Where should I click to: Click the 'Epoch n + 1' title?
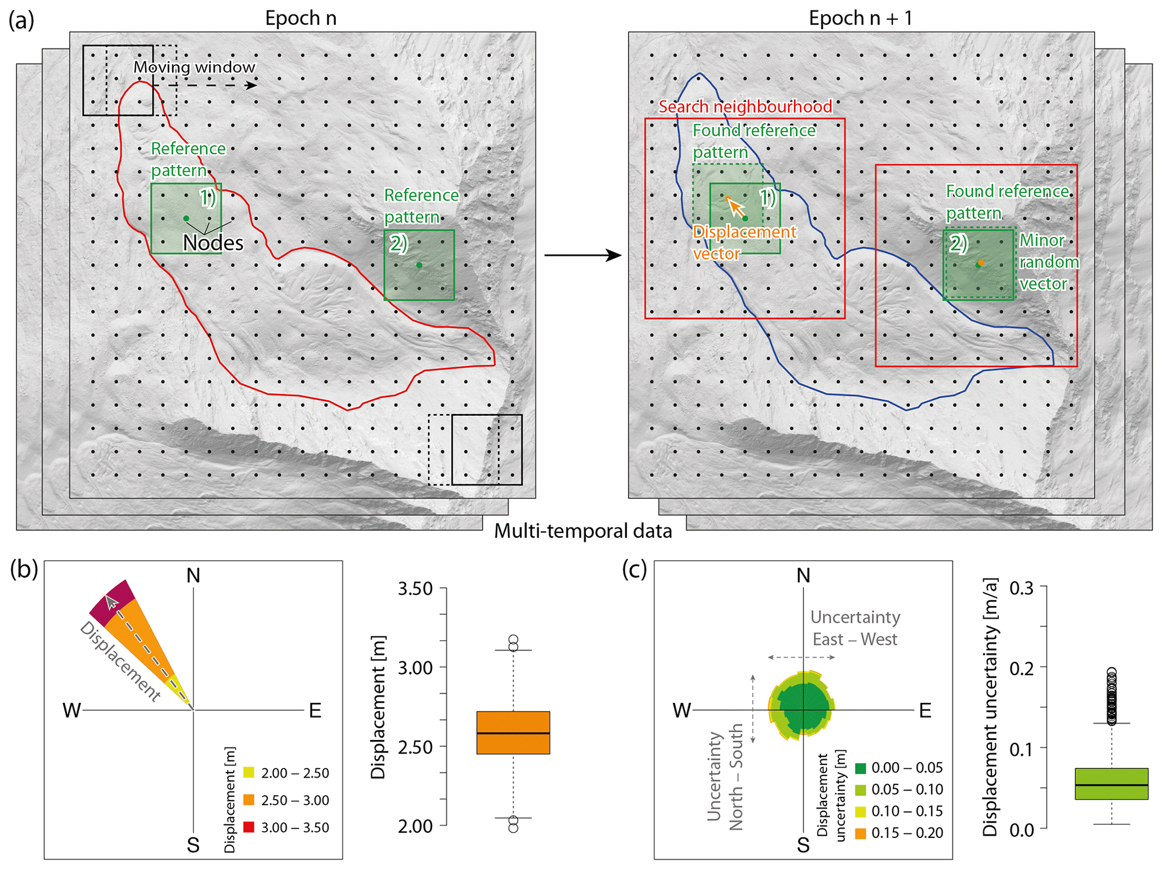[x=860, y=18]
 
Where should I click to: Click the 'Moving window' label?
[x=194, y=67]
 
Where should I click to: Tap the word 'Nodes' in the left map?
[x=213, y=243]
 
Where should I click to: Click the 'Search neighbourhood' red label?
[x=745, y=106]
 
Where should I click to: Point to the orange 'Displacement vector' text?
[x=744, y=243]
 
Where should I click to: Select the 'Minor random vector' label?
[x=1049, y=262]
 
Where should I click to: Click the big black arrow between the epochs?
[x=582, y=255]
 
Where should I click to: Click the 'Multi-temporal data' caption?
[x=583, y=531]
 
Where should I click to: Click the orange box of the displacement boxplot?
[x=513, y=733]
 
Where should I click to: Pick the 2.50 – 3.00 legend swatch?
[x=249, y=800]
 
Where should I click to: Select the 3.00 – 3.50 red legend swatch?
[x=249, y=827]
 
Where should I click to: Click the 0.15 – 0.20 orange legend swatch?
[x=860, y=833]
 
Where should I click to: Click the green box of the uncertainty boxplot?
[x=1111, y=783]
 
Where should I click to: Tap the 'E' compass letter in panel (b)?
[x=315, y=711]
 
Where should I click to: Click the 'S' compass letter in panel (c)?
[x=803, y=845]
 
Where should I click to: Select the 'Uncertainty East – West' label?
[x=855, y=628]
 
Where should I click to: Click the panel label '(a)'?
[x=21, y=20]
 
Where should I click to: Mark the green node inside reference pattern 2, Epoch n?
[x=419, y=265]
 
